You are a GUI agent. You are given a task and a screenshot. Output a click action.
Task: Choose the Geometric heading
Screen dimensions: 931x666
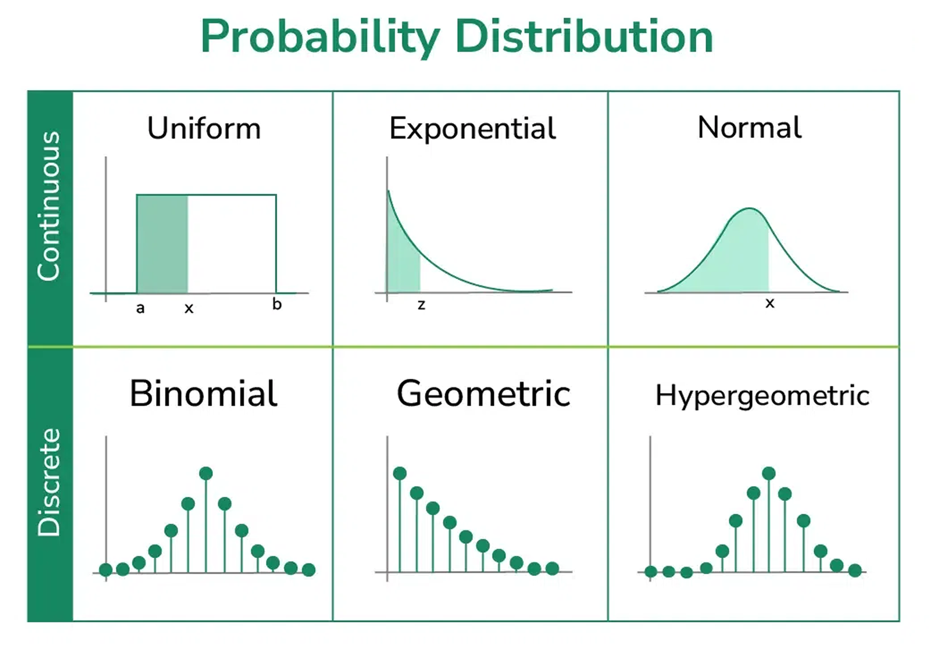point(484,393)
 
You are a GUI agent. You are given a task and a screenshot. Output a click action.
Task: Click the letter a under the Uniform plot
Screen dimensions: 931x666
point(140,308)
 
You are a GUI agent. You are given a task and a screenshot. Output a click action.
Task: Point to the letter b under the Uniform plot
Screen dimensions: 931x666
point(277,304)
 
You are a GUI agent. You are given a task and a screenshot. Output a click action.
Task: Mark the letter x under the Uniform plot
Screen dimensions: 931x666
point(189,308)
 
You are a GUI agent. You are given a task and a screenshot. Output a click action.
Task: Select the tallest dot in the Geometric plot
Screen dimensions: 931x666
point(400,473)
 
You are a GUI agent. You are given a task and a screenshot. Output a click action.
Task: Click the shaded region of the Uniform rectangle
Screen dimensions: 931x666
point(162,244)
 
